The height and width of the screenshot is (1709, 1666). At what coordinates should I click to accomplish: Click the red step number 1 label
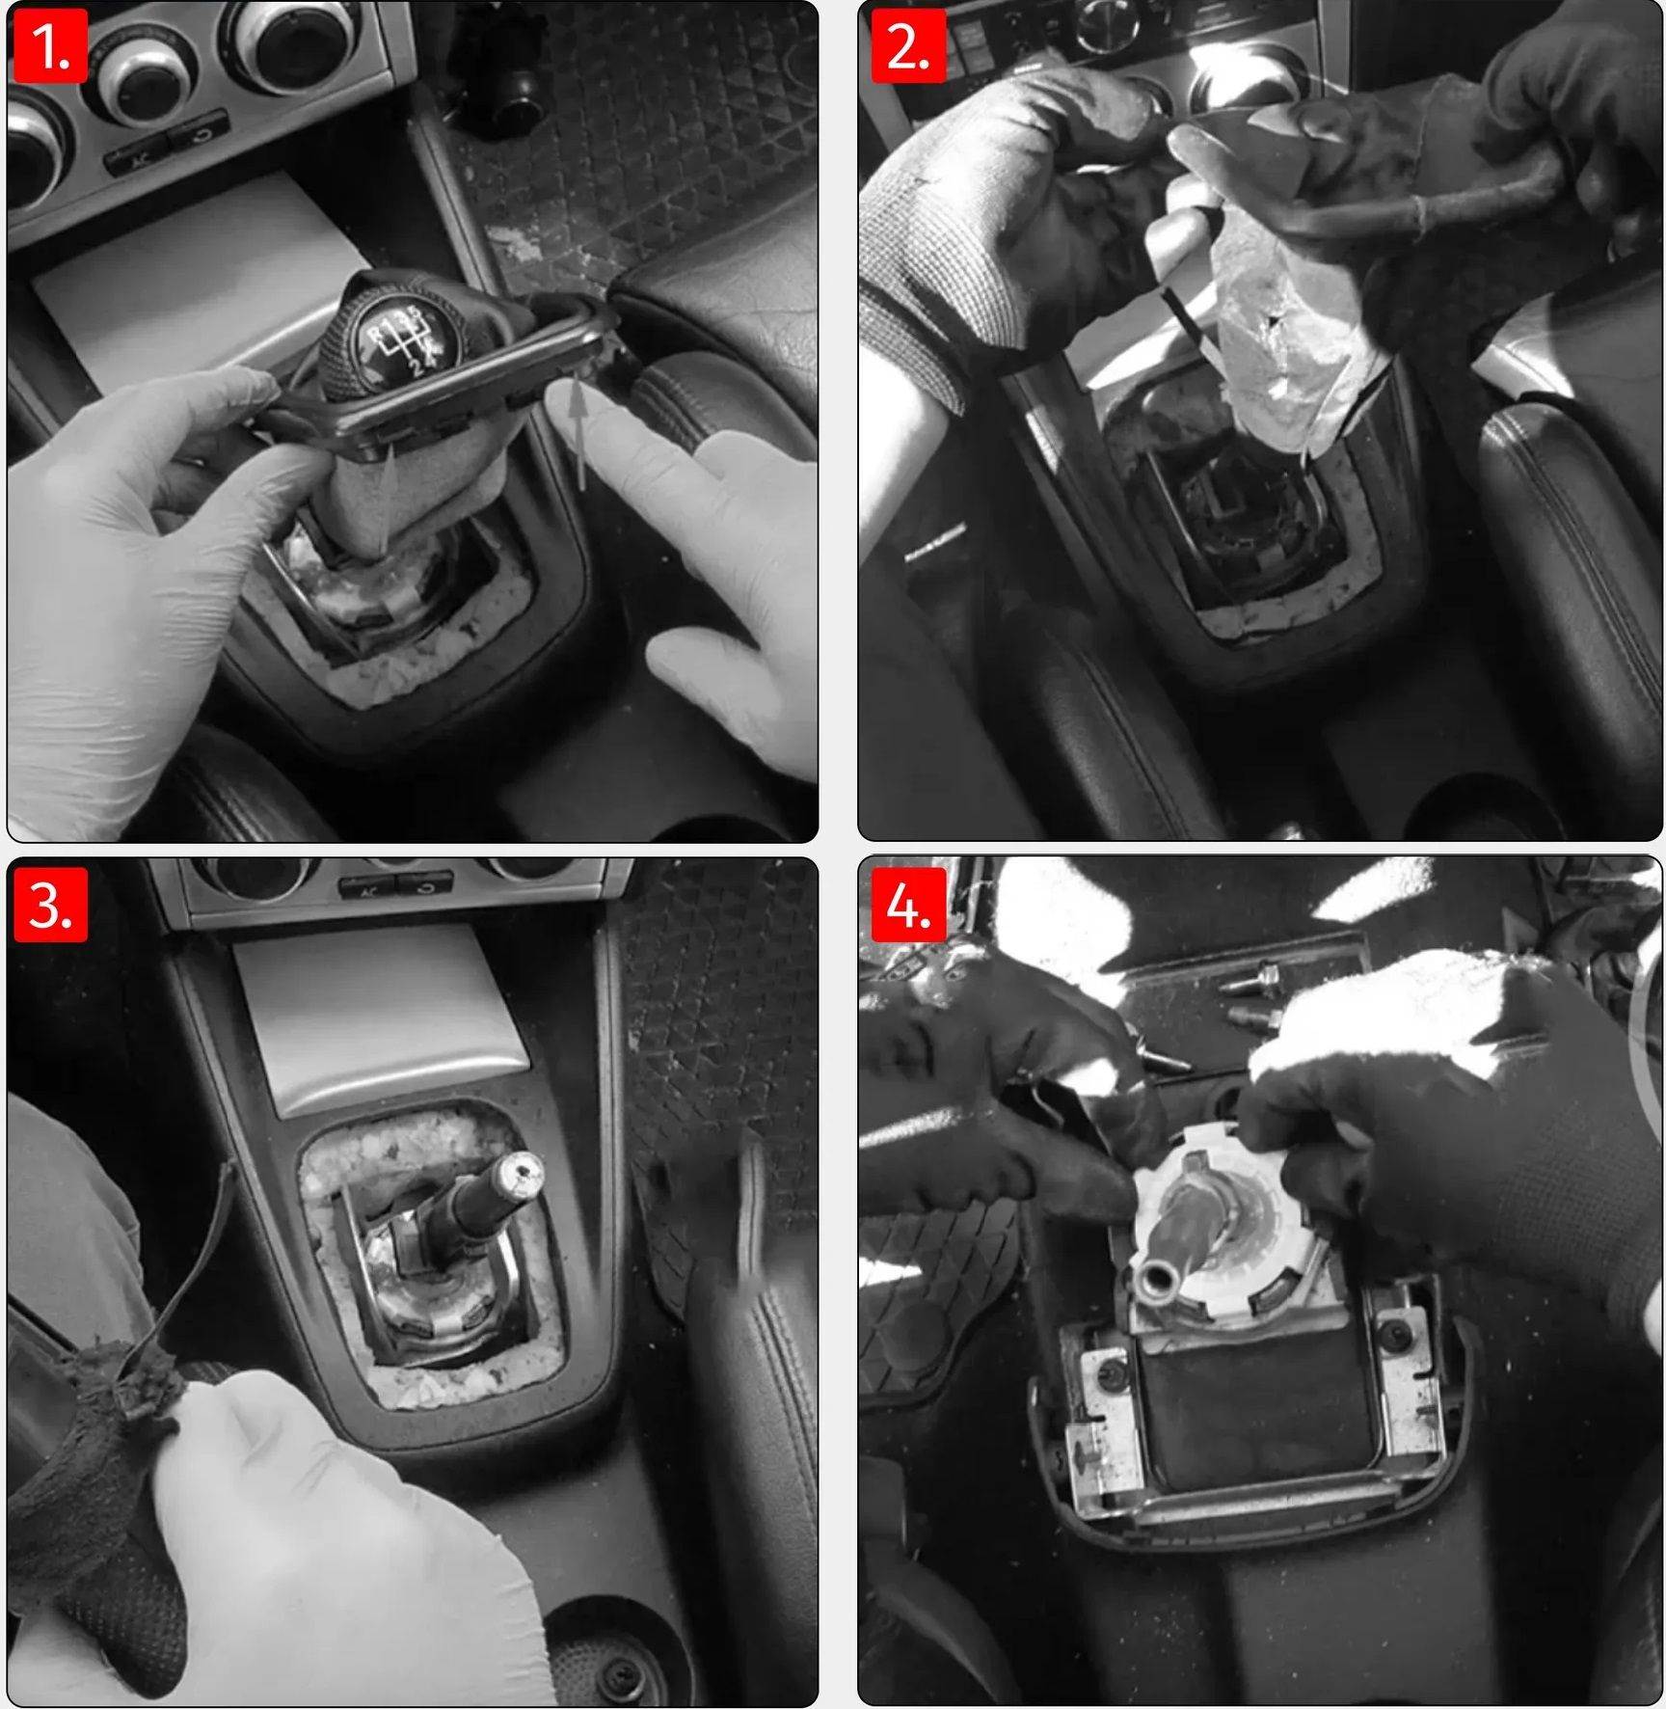click(50, 46)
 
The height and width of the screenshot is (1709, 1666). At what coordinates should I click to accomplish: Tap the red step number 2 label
click(908, 46)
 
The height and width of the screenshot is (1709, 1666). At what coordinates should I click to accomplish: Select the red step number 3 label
click(50, 905)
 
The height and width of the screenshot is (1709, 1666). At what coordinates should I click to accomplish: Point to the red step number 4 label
click(908, 905)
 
